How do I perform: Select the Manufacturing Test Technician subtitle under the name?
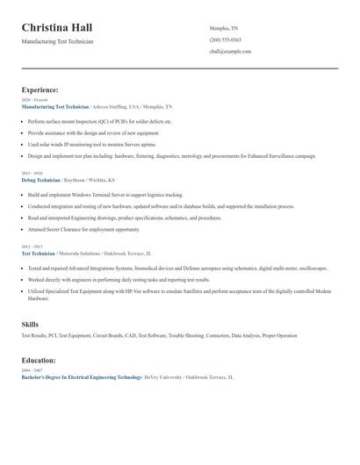[58, 41]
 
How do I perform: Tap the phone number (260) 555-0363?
[225, 39]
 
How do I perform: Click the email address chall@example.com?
[230, 52]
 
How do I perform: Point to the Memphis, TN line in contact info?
[224, 28]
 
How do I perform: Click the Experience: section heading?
[40, 89]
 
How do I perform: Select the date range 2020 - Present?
[32, 100]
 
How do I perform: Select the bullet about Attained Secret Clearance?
[83, 229]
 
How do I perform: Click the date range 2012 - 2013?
[31, 247]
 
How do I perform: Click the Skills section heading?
[30, 324]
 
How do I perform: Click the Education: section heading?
[39, 360]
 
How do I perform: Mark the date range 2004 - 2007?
[31, 370]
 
